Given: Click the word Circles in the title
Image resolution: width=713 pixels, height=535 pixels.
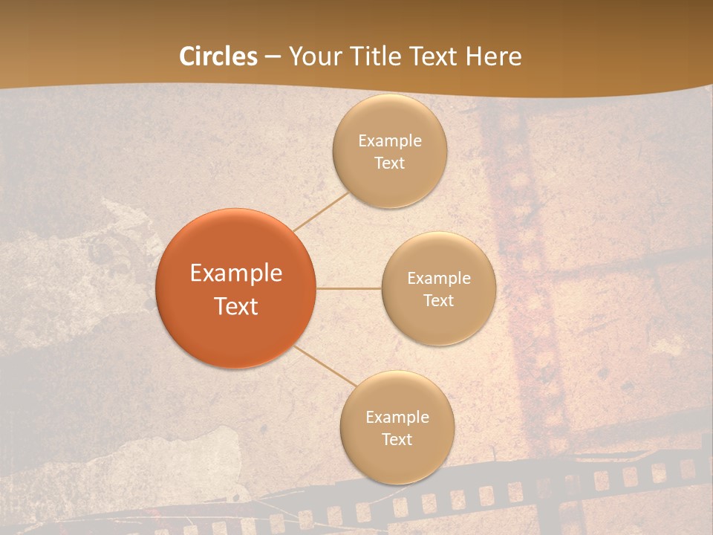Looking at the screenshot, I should pos(218,56).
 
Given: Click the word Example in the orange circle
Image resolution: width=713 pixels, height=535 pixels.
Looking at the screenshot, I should pos(236,273).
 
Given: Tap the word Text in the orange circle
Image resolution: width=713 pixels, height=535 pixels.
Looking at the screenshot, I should pos(236,306).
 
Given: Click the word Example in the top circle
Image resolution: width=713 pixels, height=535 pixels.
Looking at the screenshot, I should pos(390,141).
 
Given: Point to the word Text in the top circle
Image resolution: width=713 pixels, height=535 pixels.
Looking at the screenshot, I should pos(390,163).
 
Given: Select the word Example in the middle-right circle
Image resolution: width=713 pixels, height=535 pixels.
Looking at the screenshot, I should pos(439,279).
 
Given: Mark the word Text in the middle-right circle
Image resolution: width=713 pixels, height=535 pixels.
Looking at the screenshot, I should pos(439,300).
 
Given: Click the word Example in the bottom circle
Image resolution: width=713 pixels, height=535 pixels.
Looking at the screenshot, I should pos(397,418).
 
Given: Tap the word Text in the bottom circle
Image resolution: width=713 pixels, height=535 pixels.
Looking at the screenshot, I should pos(397,439).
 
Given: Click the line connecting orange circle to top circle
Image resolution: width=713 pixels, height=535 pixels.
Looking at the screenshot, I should pos(322,211).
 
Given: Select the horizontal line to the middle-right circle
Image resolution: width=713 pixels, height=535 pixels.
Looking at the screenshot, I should pos(349,288).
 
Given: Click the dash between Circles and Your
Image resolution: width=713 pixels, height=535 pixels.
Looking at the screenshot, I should pos(273,56).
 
